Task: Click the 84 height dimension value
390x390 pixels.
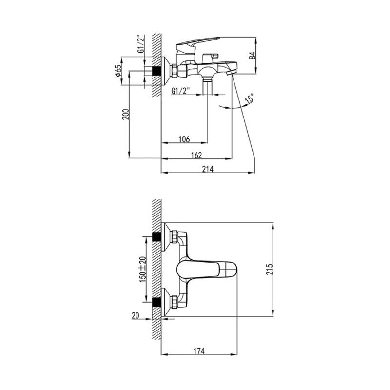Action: point(253,55)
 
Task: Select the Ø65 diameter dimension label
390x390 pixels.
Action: point(118,71)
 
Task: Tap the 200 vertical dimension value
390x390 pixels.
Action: point(126,115)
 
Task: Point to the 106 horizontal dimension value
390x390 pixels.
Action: point(184,139)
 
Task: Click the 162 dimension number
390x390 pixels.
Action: point(196,155)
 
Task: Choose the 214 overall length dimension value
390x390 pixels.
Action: point(208,169)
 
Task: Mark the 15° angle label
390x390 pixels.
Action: point(250,98)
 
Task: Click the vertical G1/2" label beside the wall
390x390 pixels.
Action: point(141,44)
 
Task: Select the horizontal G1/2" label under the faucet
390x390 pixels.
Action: point(180,91)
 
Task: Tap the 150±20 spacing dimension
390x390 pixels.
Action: point(143,270)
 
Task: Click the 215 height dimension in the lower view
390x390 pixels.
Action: point(270,269)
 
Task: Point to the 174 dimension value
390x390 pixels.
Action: point(199,351)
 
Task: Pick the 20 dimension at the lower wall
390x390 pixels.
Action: point(136,315)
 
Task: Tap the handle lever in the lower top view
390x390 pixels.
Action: point(206,270)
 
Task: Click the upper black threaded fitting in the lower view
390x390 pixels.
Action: point(156,237)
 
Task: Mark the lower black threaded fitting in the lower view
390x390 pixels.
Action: point(156,302)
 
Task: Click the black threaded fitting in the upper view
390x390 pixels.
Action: point(156,71)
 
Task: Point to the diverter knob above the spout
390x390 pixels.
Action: point(209,58)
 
